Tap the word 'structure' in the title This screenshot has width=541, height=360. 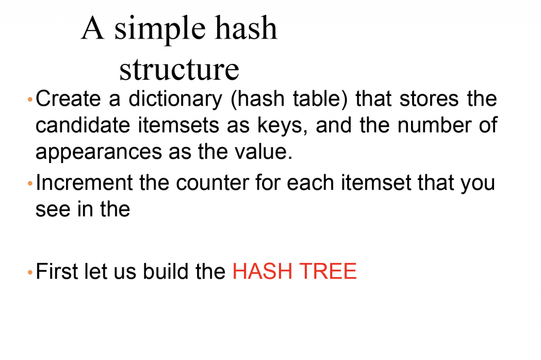click(x=179, y=69)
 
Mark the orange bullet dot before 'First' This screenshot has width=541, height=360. click(x=30, y=273)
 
